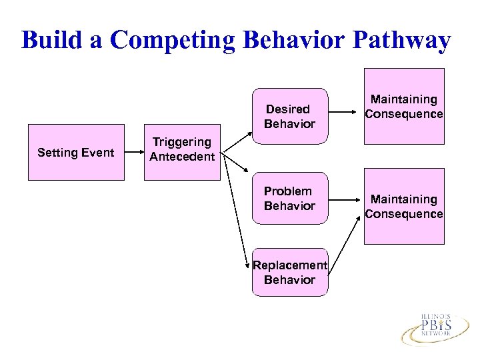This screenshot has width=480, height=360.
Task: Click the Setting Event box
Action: (x=76, y=153)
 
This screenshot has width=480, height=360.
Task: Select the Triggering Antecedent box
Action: (x=182, y=152)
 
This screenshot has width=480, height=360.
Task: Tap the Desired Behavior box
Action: (x=290, y=116)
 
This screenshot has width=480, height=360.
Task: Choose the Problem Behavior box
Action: (x=290, y=199)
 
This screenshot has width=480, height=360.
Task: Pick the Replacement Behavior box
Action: (x=290, y=272)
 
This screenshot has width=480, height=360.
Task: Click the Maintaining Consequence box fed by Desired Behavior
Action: (x=404, y=107)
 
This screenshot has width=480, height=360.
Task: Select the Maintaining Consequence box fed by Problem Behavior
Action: (x=404, y=207)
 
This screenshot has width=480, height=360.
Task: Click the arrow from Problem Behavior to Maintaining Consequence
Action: (x=346, y=198)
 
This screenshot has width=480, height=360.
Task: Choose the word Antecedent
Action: (x=182, y=157)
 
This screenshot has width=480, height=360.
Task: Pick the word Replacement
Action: (x=290, y=265)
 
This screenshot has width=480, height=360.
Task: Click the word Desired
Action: (x=288, y=109)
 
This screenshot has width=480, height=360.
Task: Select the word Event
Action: (x=97, y=153)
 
